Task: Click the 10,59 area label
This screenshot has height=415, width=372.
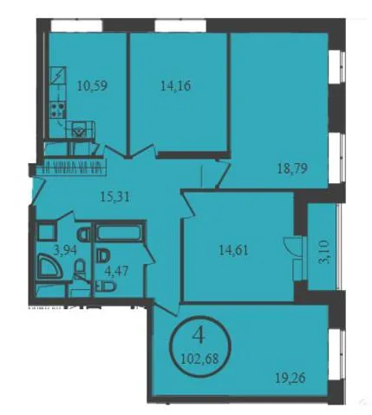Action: [x=93, y=86]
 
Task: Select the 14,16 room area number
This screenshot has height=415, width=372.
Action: [x=176, y=86]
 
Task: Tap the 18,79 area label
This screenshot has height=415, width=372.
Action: [x=292, y=168]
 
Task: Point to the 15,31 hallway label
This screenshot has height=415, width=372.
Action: [x=115, y=197]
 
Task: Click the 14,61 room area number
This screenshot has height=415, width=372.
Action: [x=234, y=250]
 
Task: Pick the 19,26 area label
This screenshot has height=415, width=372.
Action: [x=290, y=378]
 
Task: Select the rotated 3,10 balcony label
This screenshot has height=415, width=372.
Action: [x=325, y=255]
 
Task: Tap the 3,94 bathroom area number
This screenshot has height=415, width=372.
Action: [x=66, y=249]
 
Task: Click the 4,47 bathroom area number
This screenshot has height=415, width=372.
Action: [x=116, y=272]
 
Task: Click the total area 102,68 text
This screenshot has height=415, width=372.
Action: [x=199, y=359]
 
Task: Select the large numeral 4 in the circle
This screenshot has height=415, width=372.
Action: [x=199, y=337]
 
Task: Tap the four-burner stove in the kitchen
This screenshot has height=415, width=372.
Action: [x=57, y=110]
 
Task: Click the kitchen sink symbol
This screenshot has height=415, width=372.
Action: [x=80, y=129]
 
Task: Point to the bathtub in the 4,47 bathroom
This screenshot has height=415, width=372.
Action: [x=119, y=231]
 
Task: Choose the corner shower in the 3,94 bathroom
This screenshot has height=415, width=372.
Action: [x=49, y=266]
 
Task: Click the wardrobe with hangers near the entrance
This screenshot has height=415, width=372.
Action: [x=71, y=168]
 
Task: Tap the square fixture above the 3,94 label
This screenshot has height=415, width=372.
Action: [x=46, y=231]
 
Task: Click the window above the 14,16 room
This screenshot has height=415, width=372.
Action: [x=180, y=26]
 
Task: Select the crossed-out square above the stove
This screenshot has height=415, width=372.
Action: [x=57, y=76]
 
